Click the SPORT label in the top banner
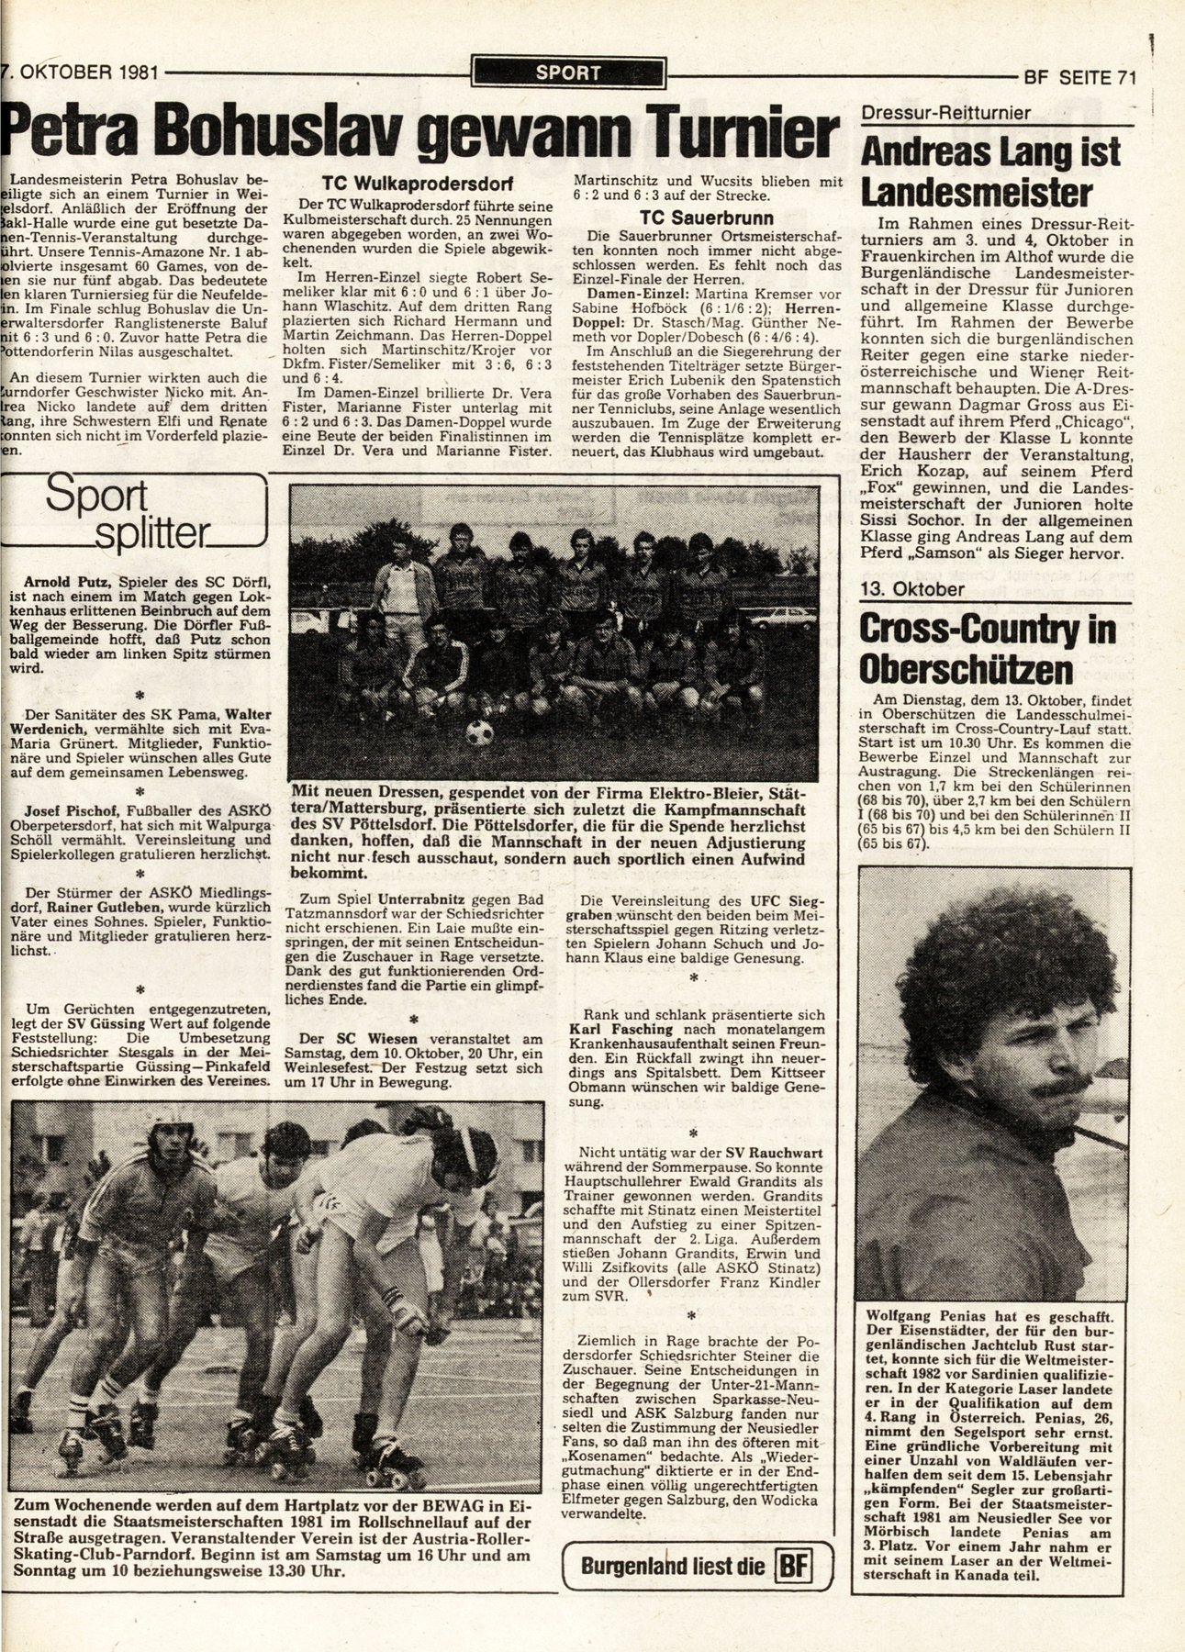[566, 73]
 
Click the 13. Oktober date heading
[914, 589]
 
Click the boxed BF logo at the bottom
[792, 1565]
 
